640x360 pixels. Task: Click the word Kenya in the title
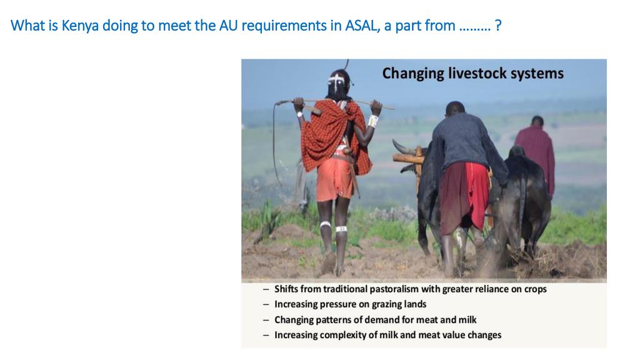tap(80, 26)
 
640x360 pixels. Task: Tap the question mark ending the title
tap(497, 26)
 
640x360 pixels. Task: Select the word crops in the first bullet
tap(535, 289)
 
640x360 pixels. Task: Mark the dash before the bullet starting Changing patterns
tap(266, 320)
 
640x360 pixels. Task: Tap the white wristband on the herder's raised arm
tap(373, 121)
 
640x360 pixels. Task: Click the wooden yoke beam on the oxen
tap(409, 158)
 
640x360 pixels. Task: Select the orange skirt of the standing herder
tap(335, 179)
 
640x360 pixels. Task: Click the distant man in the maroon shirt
tap(536, 155)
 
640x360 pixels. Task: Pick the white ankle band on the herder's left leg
tap(325, 224)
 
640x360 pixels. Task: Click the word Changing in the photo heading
tap(413, 74)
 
